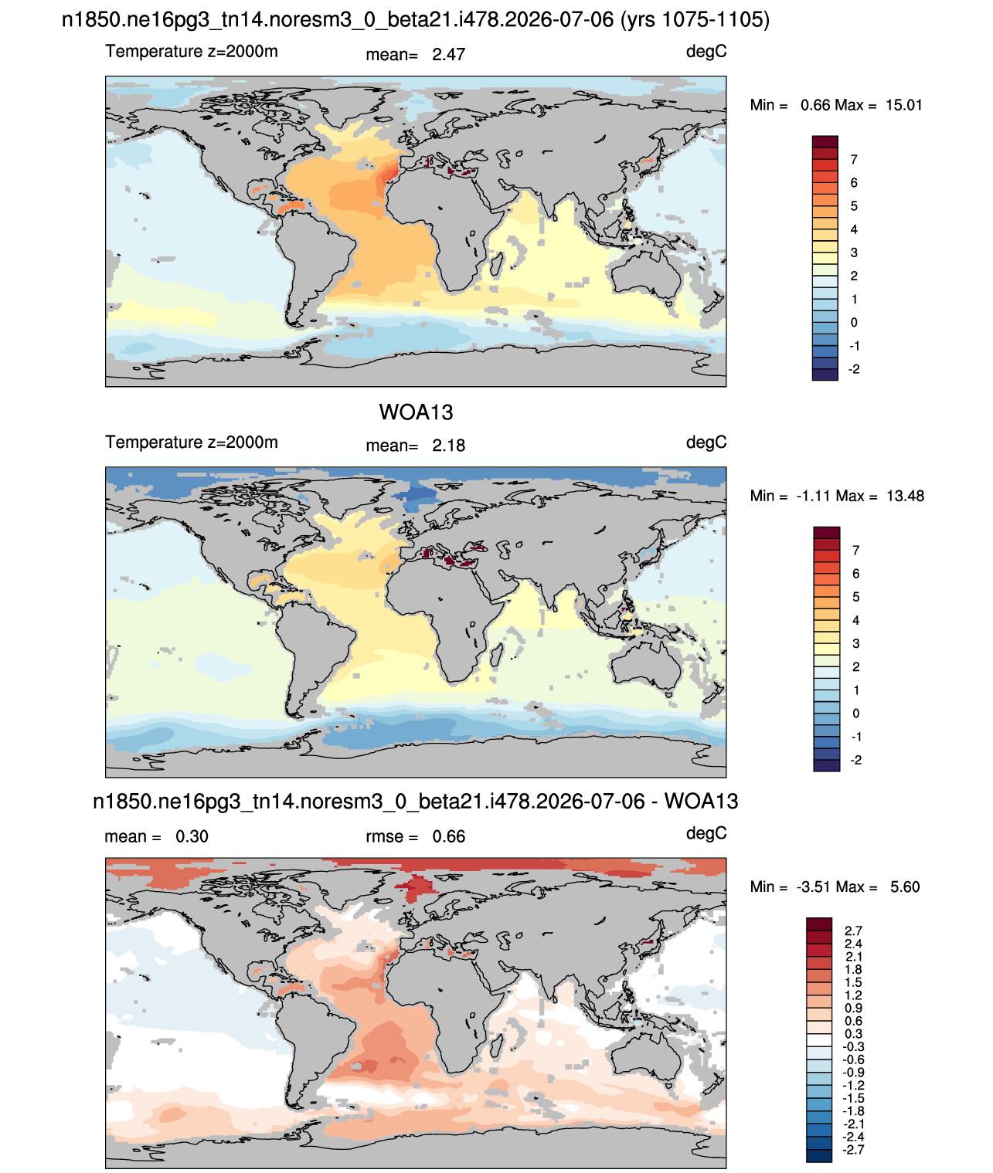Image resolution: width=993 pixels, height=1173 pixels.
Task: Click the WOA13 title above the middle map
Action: [x=416, y=412]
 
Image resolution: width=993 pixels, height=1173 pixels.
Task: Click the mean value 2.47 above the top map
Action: [x=448, y=55]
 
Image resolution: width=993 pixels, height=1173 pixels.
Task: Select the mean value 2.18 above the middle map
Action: [x=448, y=446]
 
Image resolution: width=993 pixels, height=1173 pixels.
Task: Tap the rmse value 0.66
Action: [x=448, y=836]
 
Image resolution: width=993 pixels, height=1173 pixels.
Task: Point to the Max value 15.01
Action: [x=903, y=105]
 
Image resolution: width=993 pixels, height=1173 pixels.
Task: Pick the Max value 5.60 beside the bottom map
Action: [x=904, y=887]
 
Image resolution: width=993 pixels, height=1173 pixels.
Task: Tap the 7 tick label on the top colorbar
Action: [x=853, y=160]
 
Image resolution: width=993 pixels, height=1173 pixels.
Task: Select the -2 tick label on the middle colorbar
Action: [x=856, y=760]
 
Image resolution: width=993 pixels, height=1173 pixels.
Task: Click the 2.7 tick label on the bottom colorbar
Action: [x=853, y=931]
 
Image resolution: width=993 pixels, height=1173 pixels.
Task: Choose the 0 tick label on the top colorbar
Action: [x=853, y=322]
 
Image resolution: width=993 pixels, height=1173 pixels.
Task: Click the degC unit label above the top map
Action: [x=706, y=52]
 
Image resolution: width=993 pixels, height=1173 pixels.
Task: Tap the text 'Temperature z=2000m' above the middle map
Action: [x=192, y=442]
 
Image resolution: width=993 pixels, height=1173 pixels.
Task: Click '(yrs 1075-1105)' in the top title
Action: [x=695, y=20]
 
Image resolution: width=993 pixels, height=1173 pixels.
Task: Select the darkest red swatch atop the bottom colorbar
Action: [x=818, y=924]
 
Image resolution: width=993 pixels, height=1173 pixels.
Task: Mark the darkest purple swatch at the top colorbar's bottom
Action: [x=825, y=375]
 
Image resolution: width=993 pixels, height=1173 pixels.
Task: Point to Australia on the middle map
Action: [x=648, y=665]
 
